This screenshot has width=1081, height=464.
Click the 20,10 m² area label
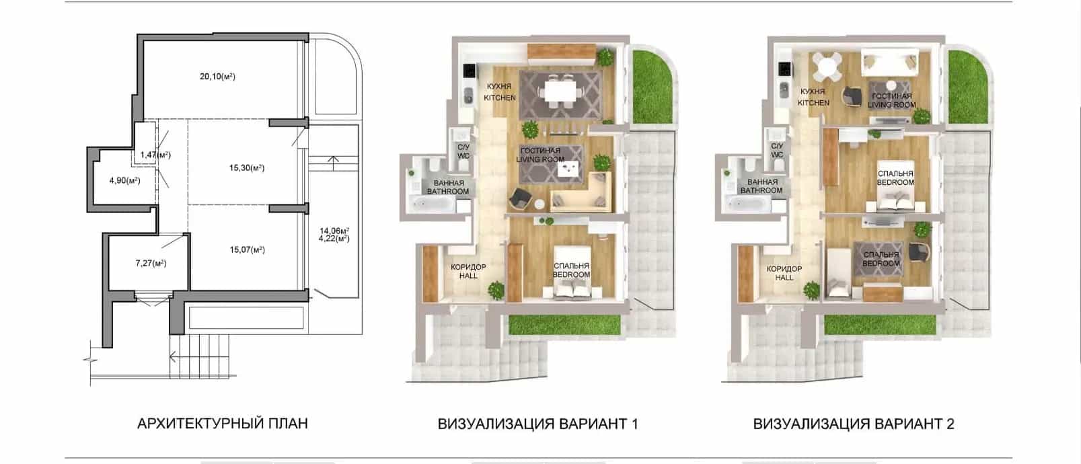tap(217, 76)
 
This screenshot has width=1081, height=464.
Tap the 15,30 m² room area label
tap(247, 168)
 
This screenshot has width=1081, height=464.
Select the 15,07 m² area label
tap(247, 250)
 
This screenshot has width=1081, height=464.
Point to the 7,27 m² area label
tap(151, 264)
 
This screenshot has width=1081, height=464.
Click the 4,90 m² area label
tap(124, 181)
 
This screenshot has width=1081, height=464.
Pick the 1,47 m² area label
tap(155, 155)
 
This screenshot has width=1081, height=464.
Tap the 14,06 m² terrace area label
tap(334, 231)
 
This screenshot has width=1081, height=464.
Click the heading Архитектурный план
tap(223, 424)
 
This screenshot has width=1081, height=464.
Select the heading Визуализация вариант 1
tap(537, 424)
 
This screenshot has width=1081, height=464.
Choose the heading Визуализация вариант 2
tap(854, 424)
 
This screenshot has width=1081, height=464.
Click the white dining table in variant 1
tap(560, 91)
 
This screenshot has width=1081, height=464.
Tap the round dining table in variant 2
tap(827, 67)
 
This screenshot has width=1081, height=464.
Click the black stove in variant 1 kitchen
tap(469, 71)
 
